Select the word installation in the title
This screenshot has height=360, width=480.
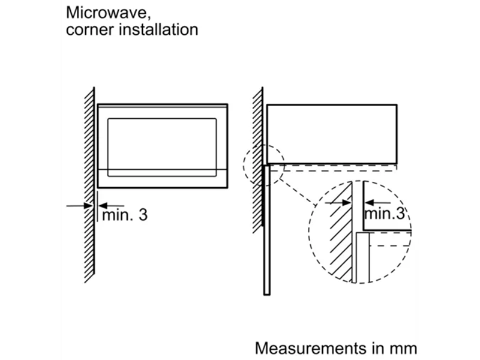click(x=158, y=29)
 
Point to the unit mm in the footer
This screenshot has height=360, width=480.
click(x=403, y=348)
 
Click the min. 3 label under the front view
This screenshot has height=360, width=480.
click(x=124, y=214)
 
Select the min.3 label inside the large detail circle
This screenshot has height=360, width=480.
click(x=384, y=213)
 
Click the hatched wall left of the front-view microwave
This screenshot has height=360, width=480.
click(x=89, y=180)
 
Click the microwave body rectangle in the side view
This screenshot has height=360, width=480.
click(x=332, y=134)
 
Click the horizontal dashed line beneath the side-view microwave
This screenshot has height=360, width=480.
click(x=336, y=170)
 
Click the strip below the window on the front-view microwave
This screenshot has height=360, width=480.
click(x=162, y=178)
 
